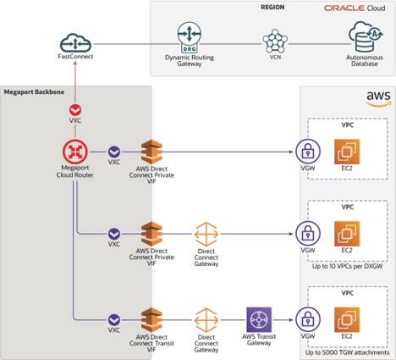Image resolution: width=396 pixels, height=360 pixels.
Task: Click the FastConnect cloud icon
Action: click(74, 40)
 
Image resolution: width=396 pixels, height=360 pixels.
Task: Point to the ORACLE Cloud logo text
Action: click(354, 8)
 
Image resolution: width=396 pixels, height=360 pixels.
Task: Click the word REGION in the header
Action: click(273, 7)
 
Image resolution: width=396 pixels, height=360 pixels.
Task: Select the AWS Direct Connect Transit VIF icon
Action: click(151, 318)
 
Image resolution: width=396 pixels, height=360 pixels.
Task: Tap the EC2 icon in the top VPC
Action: click(347, 152)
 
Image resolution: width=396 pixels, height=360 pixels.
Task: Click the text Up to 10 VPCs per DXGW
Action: click(347, 266)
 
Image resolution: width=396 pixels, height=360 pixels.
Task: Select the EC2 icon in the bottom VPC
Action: click(347, 319)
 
